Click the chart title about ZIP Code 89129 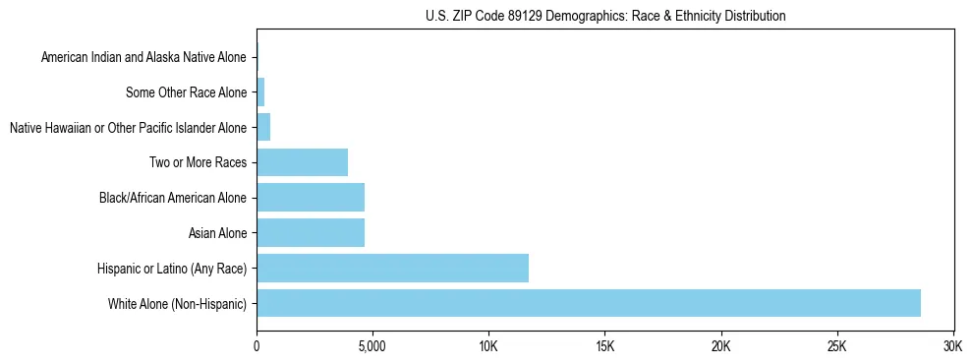pos(605,17)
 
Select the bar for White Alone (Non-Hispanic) pos(589,303)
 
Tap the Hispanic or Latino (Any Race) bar pos(392,268)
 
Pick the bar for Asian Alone pos(311,233)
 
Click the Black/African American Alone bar pos(311,198)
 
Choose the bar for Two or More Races pos(302,162)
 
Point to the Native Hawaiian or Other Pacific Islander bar pos(263,128)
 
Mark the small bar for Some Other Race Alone pos(260,92)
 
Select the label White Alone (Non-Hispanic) pos(177,303)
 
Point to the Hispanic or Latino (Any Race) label pos(171,268)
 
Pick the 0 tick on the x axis pos(257,347)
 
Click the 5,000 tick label pos(372,347)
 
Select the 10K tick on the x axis pos(488,347)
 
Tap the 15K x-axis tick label pos(604,347)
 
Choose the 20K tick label pos(720,347)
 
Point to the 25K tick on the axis pos(837,347)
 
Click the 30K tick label pos(952,347)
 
